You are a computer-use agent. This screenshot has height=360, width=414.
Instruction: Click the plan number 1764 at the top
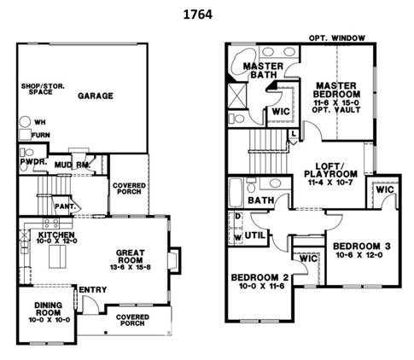198,15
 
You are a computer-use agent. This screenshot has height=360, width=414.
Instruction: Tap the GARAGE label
96,96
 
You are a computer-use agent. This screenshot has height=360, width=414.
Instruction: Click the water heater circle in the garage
25,122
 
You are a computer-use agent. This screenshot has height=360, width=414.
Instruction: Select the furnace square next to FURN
25,135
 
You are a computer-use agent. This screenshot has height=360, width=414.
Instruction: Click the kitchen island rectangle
57,257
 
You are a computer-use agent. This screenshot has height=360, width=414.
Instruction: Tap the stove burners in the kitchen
51,224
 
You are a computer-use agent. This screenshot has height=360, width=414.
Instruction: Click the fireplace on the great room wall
174,260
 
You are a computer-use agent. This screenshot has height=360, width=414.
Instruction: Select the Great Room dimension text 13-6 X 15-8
131,267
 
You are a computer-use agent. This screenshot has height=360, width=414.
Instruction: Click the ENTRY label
93,290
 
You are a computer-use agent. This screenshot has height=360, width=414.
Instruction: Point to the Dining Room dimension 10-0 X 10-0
49,320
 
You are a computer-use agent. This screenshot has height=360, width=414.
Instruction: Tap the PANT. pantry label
66,206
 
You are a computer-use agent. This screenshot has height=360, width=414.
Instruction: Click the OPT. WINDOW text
337,38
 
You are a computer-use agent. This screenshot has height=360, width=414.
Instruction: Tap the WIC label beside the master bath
281,112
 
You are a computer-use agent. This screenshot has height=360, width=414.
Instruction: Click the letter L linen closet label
294,133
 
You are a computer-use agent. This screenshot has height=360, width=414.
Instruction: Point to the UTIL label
255,235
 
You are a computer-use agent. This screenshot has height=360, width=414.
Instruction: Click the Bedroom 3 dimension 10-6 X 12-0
359,255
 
